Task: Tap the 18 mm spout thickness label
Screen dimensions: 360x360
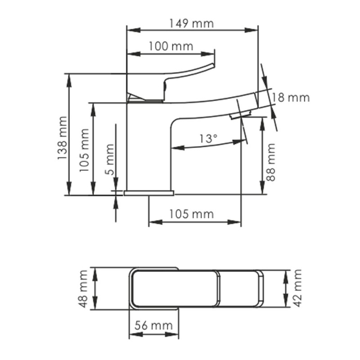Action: [x=291, y=98]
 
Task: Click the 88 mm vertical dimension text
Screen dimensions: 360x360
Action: [x=271, y=162]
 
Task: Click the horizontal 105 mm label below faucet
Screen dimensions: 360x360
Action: [x=191, y=214]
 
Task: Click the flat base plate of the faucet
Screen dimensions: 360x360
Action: [x=148, y=193]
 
